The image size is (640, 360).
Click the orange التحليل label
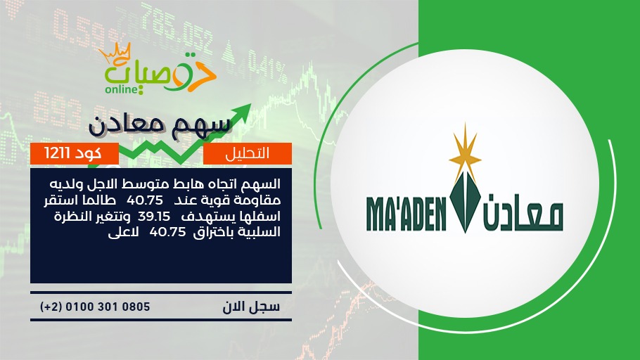(x=248, y=153)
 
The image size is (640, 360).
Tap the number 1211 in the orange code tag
(x=58, y=153)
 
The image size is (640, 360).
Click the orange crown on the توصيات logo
(x=115, y=53)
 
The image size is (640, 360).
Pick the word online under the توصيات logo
(x=121, y=89)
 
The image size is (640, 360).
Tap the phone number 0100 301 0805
(x=108, y=307)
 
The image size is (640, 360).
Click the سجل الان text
(x=251, y=307)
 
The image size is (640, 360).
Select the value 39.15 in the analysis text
(x=154, y=216)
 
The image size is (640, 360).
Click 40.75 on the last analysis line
(x=167, y=232)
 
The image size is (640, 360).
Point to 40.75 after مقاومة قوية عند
(x=145, y=200)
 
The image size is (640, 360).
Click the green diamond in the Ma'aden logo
(x=465, y=202)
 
